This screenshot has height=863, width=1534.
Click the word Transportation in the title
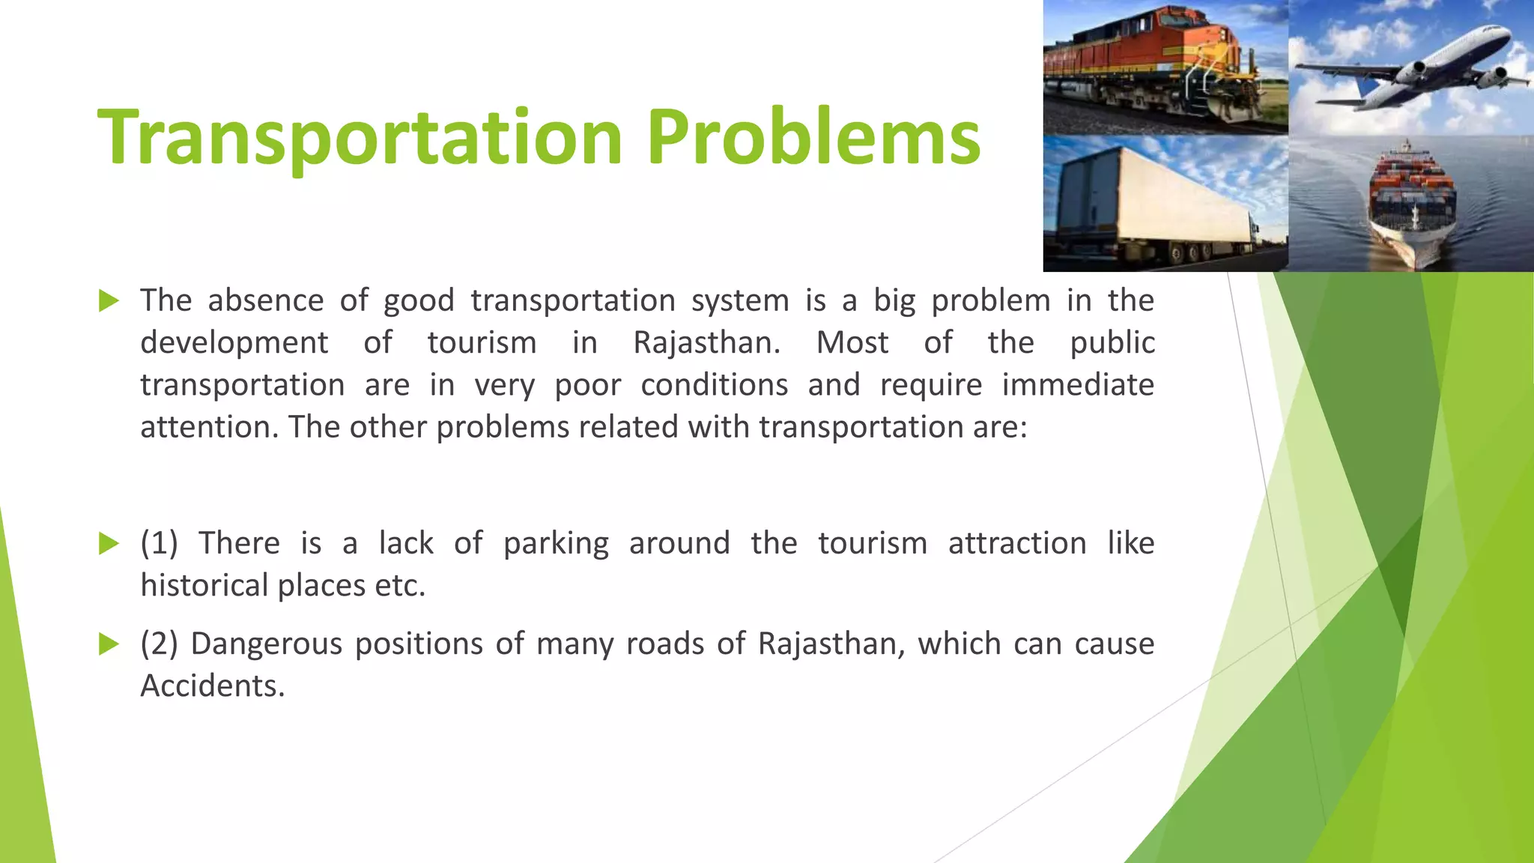coord(360,137)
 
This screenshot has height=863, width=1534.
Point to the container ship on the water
coord(1413,202)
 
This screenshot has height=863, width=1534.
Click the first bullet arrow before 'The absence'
coord(109,301)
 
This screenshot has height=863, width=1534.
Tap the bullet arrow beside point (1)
coord(109,544)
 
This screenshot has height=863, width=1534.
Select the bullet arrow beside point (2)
coord(109,644)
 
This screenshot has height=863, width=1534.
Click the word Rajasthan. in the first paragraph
coord(706,343)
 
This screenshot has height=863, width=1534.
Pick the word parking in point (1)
coord(556,544)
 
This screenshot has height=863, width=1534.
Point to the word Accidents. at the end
coord(213,686)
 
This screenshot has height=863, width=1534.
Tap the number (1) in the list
coord(159,544)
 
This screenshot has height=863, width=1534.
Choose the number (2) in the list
coord(159,644)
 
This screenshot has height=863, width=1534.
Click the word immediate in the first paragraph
coord(1078,385)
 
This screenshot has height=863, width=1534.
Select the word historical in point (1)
coord(204,586)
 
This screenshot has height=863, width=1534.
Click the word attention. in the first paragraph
coord(209,428)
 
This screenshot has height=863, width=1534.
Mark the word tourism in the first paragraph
coord(482,343)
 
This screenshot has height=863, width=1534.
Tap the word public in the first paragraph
coord(1112,343)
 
